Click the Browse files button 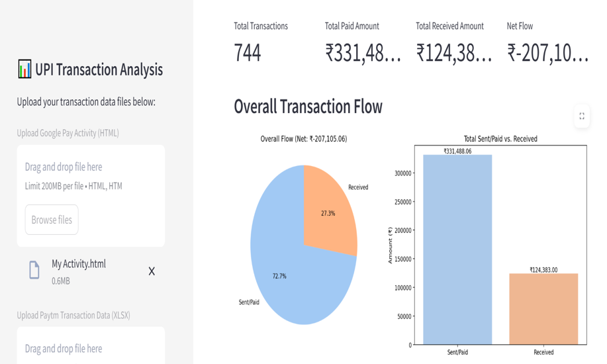click(52, 220)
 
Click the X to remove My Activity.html click(152, 271)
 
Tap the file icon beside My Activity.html click(34, 270)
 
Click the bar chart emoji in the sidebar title click(24, 69)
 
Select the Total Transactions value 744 click(248, 54)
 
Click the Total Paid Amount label click(351, 26)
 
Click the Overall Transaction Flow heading click(308, 107)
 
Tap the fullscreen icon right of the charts click(581, 116)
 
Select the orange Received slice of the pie click(329, 208)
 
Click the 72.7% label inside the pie click(279, 276)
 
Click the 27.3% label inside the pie click(328, 214)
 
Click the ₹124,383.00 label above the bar click(543, 269)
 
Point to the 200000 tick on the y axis click(401, 230)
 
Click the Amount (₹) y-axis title click(391, 245)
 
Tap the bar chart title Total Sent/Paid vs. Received click(500, 139)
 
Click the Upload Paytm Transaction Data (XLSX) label click(73, 315)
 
